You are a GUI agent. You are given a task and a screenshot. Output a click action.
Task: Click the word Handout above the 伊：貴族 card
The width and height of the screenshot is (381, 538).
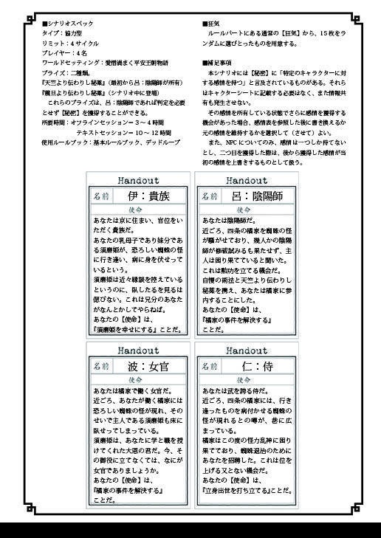tap(139, 179)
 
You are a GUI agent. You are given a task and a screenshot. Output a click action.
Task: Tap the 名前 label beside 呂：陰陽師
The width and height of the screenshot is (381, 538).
tap(209, 196)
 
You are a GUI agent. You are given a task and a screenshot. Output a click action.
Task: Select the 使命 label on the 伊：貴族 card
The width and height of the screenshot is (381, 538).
tap(139, 210)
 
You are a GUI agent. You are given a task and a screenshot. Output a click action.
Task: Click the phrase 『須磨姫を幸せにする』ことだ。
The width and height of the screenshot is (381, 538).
tap(138, 331)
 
